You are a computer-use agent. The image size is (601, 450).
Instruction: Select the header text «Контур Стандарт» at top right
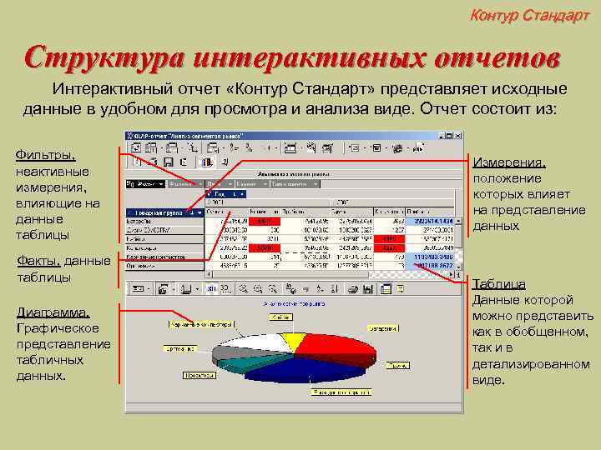point(529,14)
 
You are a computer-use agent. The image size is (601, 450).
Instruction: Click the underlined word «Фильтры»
point(45,155)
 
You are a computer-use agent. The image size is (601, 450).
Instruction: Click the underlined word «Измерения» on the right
point(509,162)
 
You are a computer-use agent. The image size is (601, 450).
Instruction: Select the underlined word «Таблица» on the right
point(498,284)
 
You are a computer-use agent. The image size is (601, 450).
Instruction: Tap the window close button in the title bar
point(458,135)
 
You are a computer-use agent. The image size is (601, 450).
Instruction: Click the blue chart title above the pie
point(290,304)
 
